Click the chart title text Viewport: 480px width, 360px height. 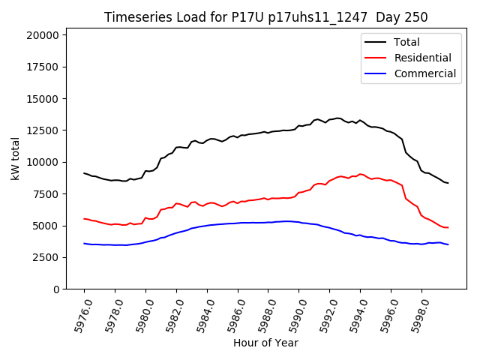pyautogui.click(x=265, y=17)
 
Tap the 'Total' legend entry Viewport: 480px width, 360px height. pyautogui.click(x=406, y=43)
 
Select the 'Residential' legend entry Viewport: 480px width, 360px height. pyautogui.click(x=422, y=58)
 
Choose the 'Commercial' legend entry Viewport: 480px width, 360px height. pyautogui.click(x=424, y=73)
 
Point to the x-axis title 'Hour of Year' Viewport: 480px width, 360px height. pyautogui.click(x=265, y=343)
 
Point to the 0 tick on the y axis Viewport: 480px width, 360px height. pyautogui.click(x=56, y=289)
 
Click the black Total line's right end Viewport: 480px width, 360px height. pyautogui.click(x=448, y=183)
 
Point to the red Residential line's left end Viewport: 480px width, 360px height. pyautogui.click(x=84, y=219)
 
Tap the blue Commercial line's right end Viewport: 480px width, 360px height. pyautogui.click(x=448, y=244)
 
